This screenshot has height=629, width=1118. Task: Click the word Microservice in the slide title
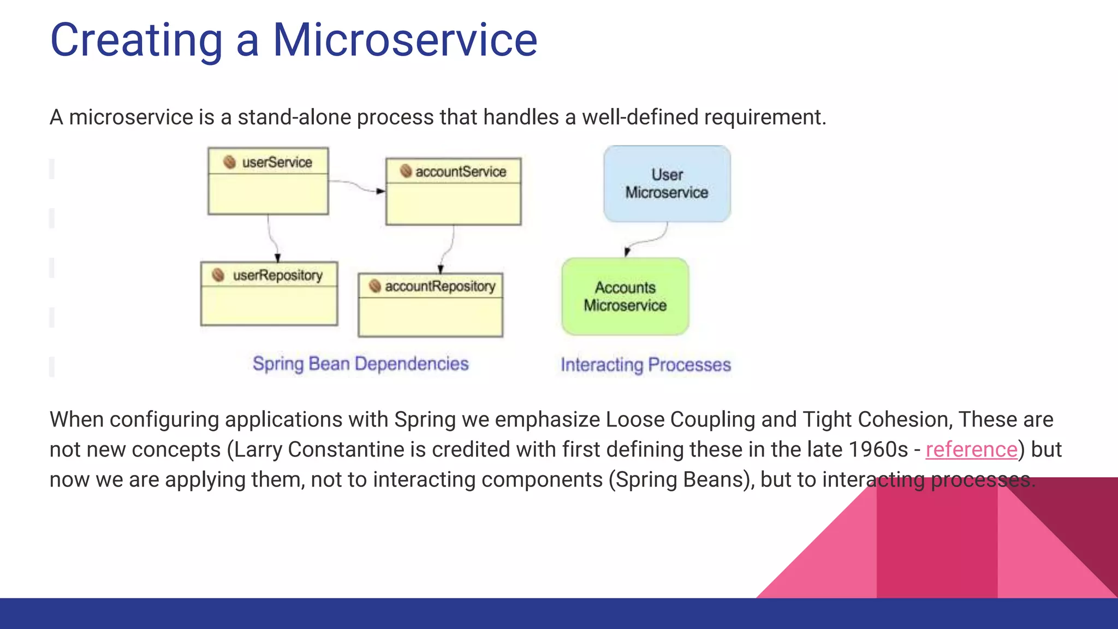tap(405, 40)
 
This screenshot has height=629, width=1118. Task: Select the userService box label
tap(277, 162)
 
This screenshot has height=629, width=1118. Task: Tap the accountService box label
tap(460, 171)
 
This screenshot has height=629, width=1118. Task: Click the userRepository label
tap(277, 275)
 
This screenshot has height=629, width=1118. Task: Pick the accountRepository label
tap(439, 286)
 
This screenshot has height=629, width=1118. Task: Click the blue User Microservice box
tap(667, 184)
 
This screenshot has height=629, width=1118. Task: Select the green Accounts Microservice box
tap(625, 296)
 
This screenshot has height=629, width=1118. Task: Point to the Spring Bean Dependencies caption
tap(360, 364)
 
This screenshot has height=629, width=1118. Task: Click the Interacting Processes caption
tap(645, 365)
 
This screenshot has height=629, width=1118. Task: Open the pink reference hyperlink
tap(971, 449)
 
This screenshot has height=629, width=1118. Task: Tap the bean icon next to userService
tap(230, 162)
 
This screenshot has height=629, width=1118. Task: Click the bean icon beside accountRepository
tap(374, 286)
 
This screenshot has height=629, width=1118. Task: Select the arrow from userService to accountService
tap(358, 186)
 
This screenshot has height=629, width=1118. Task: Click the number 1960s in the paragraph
tap(877, 449)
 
